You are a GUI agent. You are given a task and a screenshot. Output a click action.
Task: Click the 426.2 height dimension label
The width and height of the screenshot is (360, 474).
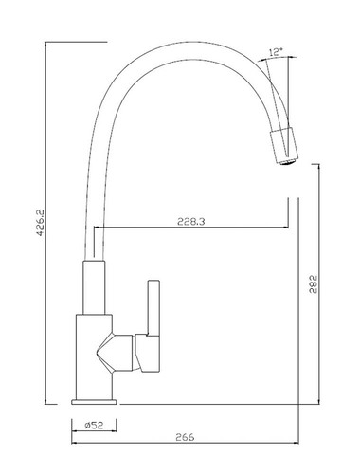pos(40,223)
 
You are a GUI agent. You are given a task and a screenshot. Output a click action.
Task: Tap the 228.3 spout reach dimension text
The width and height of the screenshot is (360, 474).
pos(191,222)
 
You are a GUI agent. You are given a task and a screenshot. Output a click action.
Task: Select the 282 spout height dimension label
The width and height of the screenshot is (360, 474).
pos(314,284)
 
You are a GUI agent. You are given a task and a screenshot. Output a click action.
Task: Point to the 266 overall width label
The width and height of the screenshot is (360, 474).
pos(185,437)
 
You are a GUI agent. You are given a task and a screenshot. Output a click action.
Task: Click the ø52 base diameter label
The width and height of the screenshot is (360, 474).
pos(94,426)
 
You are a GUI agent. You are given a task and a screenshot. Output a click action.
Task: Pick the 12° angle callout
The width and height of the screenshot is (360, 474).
pos(276,52)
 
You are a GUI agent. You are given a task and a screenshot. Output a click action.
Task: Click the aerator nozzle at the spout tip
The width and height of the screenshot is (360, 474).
pos(287,162)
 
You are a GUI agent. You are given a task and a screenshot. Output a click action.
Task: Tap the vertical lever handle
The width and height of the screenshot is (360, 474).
pos(153,307)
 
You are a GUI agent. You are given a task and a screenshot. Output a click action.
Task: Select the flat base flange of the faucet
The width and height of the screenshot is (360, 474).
pos(94,402)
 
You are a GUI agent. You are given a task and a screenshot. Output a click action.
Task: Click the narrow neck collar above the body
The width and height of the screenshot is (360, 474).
pos(94,287)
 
